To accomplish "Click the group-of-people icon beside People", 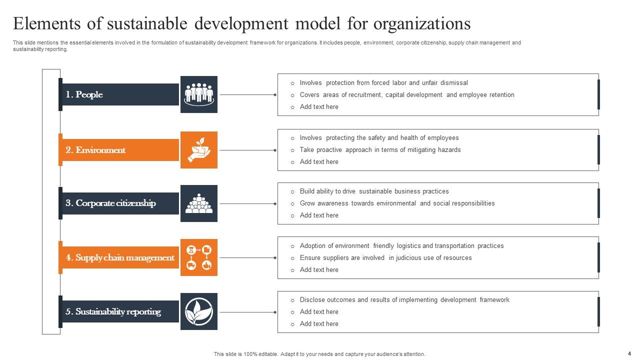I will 199,94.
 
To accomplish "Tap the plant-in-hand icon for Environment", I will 199,149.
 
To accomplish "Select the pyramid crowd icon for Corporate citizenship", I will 199,203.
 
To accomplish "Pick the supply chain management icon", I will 199,257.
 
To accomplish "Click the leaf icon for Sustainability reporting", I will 199,311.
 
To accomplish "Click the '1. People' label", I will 84,94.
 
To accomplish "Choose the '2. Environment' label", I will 95,150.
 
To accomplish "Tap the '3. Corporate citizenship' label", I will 110,203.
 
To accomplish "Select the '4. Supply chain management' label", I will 120,257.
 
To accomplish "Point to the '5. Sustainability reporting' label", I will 113,311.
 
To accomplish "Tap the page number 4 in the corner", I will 629,353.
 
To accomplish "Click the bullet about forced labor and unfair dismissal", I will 383,83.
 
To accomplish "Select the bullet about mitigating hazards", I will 380,150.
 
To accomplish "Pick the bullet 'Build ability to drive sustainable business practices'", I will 374,191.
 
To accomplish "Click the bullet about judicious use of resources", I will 385,258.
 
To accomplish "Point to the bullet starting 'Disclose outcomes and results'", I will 404,300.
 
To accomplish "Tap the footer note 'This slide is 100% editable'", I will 319,354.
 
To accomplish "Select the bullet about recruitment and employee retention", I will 407,95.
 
